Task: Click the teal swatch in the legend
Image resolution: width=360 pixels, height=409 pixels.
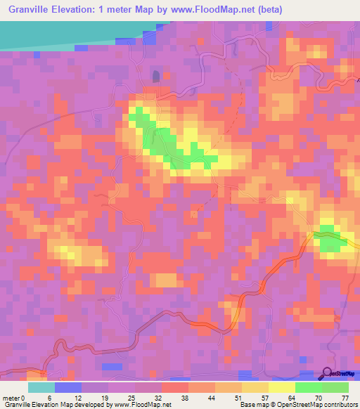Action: coord(41,387)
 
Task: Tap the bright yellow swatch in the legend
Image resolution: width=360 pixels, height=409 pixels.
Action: coord(282,387)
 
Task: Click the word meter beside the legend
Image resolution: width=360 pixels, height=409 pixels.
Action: coord(11,398)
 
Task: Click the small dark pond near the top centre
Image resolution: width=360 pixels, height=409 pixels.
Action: coord(155,76)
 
